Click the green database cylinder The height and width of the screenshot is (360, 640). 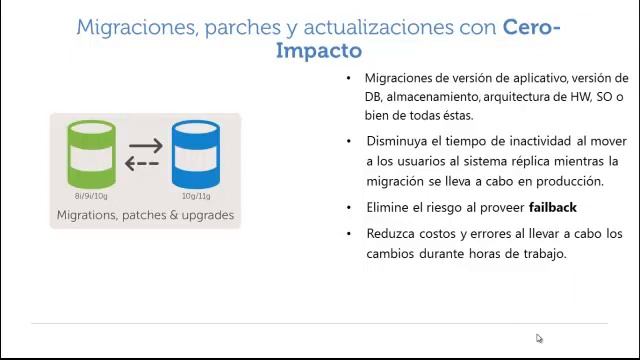coord(91,154)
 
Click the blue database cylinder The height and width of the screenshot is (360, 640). coord(196,154)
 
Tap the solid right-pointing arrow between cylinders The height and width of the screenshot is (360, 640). coord(145,146)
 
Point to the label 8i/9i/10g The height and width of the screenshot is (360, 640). coord(92,197)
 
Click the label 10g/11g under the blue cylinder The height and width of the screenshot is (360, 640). coord(196,197)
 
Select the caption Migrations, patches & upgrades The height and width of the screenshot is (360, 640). coord(145,215)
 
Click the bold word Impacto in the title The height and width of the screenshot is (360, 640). coord(319,50)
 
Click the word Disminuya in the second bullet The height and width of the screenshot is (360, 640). coord(399,143)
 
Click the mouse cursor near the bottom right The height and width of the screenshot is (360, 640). coord(539,338)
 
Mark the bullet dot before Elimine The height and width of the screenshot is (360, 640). coord(349,208)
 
